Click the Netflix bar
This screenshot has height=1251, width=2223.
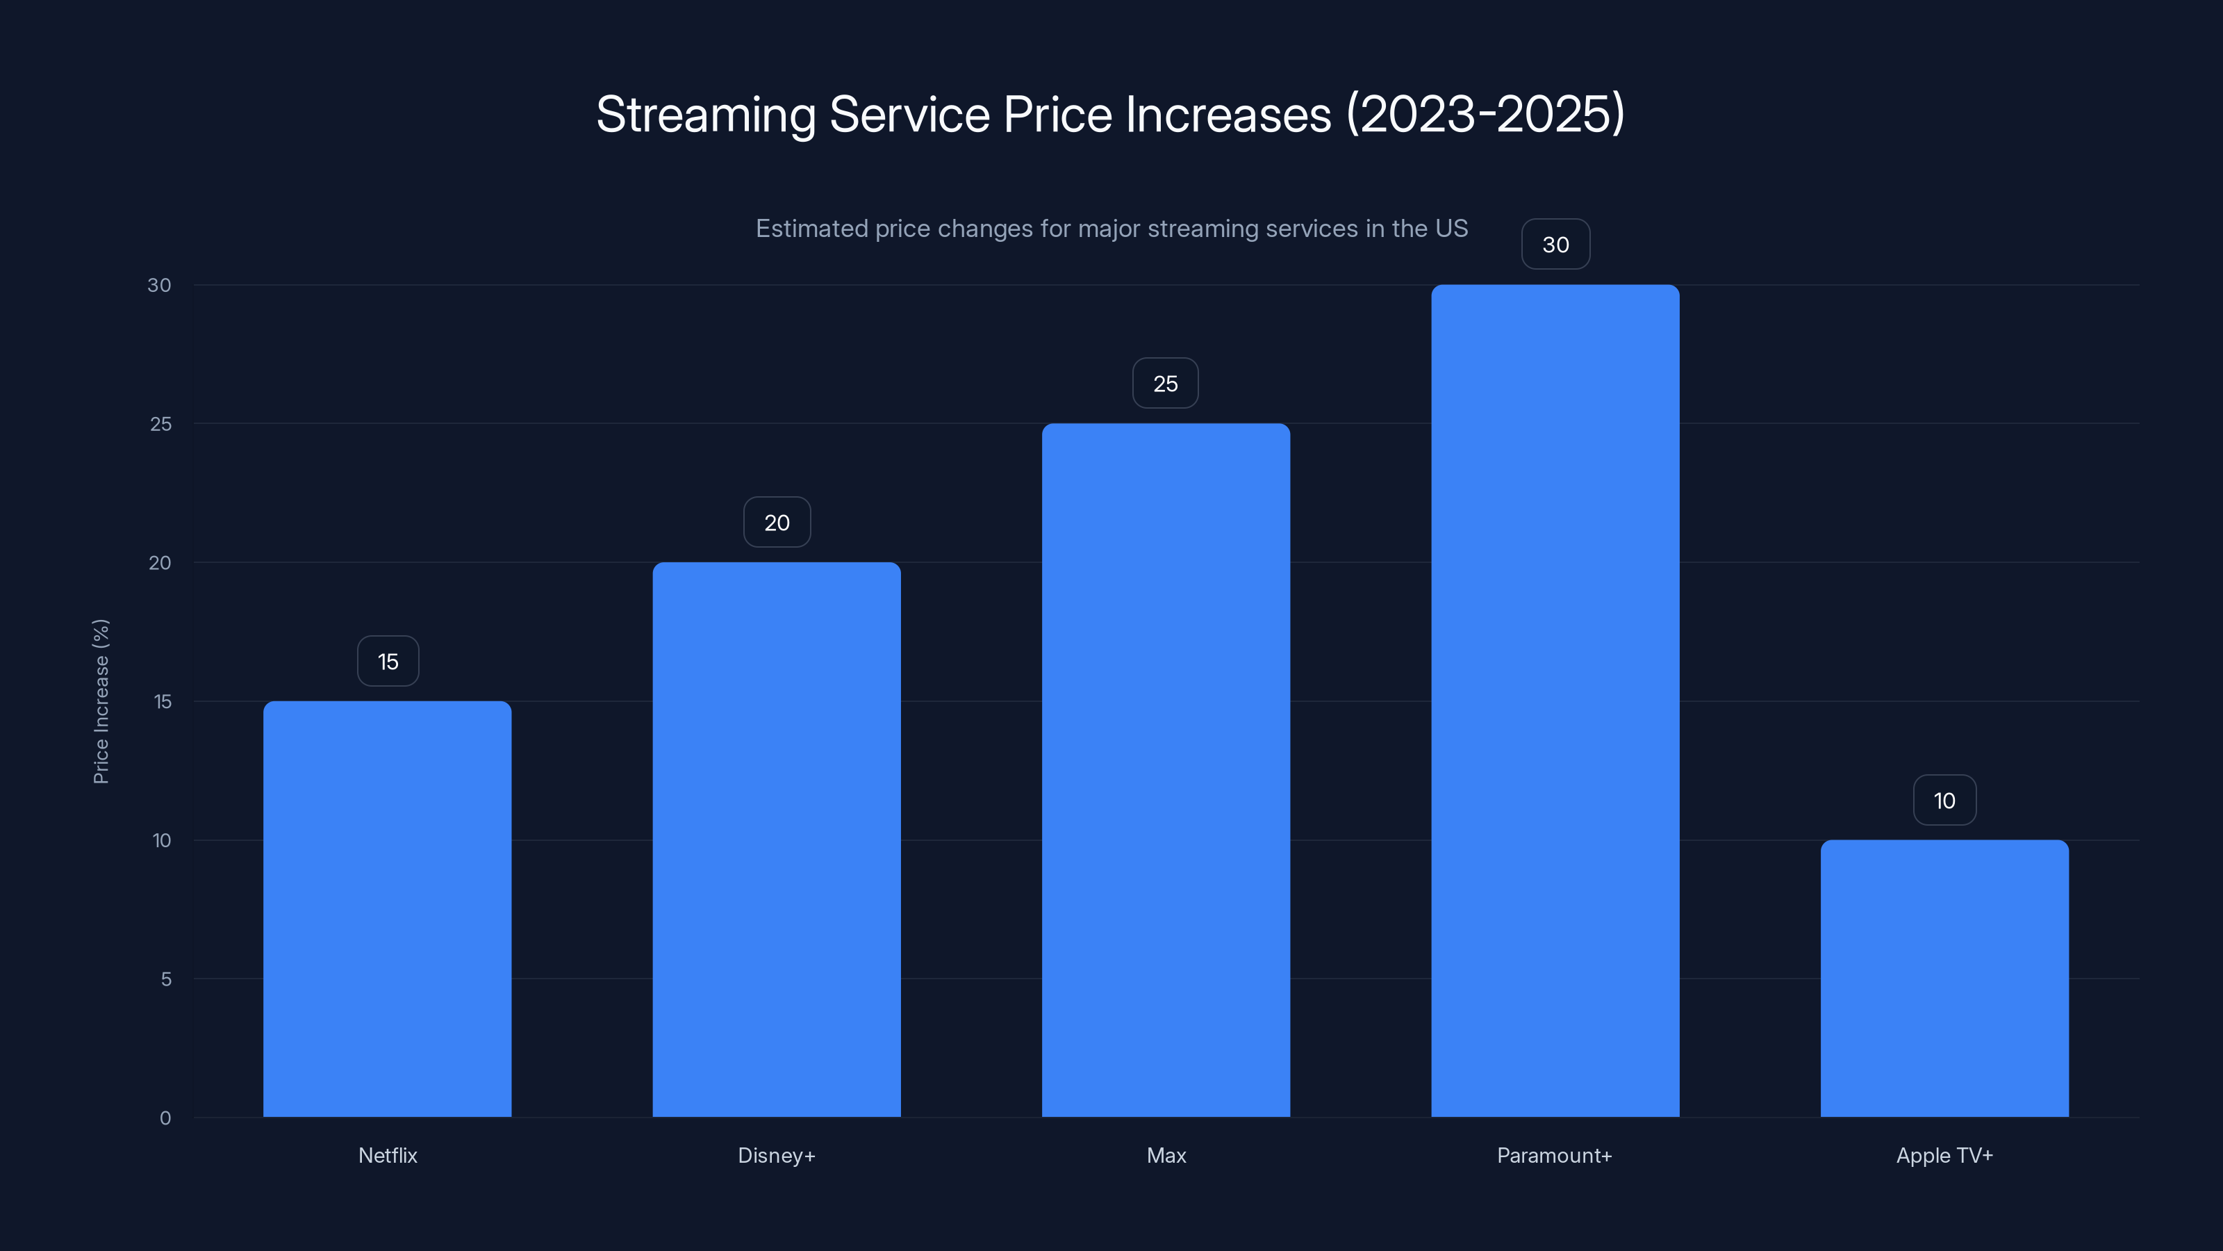pyautogui.click(x=387, y=908)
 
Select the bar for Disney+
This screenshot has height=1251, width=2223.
pyautogui.click(x=776, y=839)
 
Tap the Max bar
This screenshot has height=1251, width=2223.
pyautogui.click(x=1165, y=769)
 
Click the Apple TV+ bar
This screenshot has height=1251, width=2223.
pyautogui.click(x=1944, y=978)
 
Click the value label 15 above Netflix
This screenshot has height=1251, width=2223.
pyautogui.click(x=388, y=662)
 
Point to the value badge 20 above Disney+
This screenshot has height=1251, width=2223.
pyautogui.click(x=777, y=523)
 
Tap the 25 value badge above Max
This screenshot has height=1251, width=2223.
pyautogui.click(x=1165, y=384)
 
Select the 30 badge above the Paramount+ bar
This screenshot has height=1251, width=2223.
pyautogui.click(x=1555, y=245)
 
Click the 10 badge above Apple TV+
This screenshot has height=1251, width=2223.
pyautogui.click(x=1944, y=801)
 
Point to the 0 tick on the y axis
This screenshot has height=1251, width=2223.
pyautogui.click(x=165, y=1118)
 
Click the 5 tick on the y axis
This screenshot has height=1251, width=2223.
pyautogui.click(x=166, y=979)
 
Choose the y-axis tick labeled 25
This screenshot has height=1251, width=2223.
pyautogui.click(x=160, y=424)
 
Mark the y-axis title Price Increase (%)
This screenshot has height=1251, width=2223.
pyautogui.click(x=101, y=701)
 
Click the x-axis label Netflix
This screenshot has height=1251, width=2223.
pyautogui.click(x=388, y=1155)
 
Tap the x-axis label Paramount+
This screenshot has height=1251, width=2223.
pyautogui.click(x=1554, y=1155)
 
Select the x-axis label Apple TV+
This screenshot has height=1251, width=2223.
pyautogui.click(x=1944, y=1155)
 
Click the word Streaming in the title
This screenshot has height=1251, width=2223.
pyautogui.click(x=705, y=115)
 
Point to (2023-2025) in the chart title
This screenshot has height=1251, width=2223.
pyautogui.click(x=1485, y=115)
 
